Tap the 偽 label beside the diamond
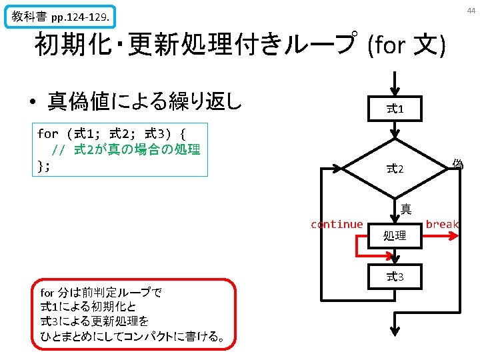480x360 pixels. point(457,163)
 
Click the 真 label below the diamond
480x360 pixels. point(405,209)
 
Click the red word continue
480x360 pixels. point(337,225)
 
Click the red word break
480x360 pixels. point(442,225)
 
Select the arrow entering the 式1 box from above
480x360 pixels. point(395,83)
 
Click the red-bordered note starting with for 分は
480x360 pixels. point(133,314)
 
